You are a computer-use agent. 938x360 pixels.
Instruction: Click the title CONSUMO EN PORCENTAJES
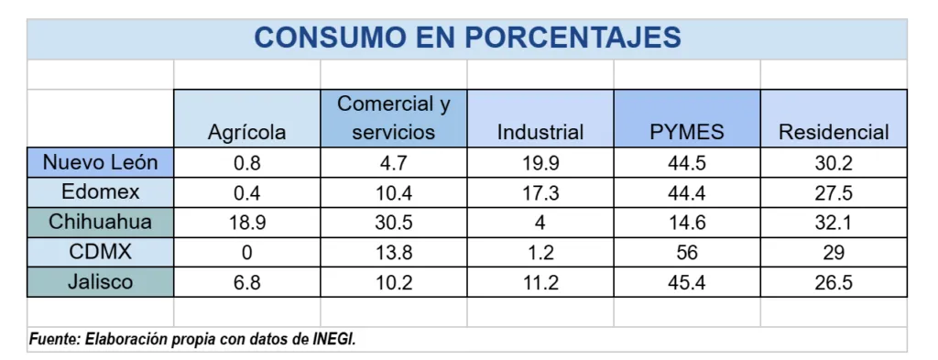point(467,38)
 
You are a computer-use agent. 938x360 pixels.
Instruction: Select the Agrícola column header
point(246,132)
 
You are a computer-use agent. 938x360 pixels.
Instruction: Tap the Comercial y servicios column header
point(394,118)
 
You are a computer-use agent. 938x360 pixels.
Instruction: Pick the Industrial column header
point(540,132)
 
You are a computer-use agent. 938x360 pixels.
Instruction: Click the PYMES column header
point(687,132)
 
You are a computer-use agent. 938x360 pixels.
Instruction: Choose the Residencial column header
point(834,132)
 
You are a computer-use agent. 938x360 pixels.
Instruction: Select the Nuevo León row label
point(101,163)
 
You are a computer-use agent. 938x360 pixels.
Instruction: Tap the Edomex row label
point(101,192)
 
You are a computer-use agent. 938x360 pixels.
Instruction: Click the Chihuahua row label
point(101,222)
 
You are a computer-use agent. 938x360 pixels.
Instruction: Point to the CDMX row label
point(101,251)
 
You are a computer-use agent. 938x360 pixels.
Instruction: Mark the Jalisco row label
point(101,281)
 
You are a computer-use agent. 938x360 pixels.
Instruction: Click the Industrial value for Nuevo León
point(540,164)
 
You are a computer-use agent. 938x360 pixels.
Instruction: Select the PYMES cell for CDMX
point(687,253)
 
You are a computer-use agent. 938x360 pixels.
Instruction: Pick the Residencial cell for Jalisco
point(834,283)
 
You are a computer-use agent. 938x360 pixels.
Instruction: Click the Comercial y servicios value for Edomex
point(394,194)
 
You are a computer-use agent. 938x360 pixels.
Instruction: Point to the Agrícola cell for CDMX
point(246,253)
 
